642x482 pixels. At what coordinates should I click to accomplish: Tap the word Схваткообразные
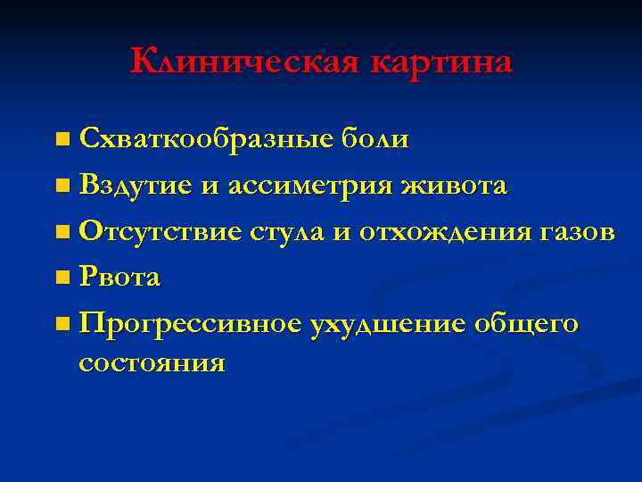[206, 139]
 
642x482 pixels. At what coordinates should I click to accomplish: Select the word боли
[374, 139]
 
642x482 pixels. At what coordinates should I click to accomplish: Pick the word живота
[456, 186]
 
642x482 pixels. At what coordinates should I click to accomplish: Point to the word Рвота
[119, 278]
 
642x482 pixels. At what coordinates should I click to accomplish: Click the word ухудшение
[386, 325]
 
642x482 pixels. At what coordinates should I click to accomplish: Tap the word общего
[526, 325]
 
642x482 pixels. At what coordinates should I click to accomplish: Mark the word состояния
[152, 363]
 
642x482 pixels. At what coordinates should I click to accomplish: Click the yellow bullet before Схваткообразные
[60, 140]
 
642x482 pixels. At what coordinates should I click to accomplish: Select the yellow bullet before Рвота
[60, 279]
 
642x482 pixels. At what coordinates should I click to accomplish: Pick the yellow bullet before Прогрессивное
[60, 326]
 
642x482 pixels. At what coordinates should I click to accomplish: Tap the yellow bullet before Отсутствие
[60, 233]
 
